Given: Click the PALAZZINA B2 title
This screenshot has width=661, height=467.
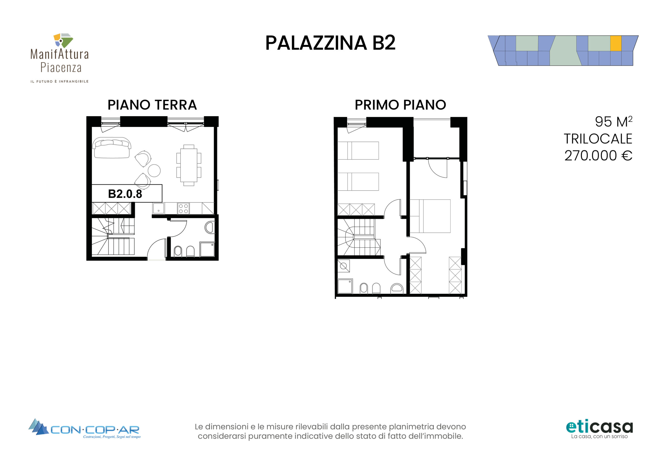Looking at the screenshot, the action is pos(330,43).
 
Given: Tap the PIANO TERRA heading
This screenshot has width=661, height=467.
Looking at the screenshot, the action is pos(152,105).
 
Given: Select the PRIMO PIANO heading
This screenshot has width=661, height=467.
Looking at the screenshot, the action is pos(400,105).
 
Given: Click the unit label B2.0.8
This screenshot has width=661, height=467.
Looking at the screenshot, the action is pos(125,194).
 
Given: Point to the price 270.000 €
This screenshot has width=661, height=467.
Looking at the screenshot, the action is pos(598,156).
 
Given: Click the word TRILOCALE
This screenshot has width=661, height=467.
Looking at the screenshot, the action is pos(598,139).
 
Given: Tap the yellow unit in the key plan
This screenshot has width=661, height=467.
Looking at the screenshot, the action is pos(616,43).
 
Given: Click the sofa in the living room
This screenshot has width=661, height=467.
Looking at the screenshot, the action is pos(112,148).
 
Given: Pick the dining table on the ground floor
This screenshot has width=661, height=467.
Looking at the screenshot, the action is pos(189,165).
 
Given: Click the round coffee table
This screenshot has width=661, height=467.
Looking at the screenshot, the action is pos(154,170).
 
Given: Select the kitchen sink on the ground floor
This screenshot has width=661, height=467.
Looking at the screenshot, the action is pos(158,208).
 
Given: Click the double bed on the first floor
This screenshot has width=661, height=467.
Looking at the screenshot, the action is pos(430,216).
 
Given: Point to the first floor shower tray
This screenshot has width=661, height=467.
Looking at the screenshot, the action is pos(345,286).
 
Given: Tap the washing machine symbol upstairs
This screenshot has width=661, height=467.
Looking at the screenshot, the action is pos(343,266).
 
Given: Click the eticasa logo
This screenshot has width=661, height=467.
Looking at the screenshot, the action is pos(599,429).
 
